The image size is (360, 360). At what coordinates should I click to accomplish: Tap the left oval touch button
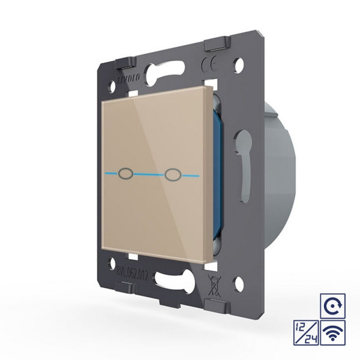pyautogui.click(x=128, y=174)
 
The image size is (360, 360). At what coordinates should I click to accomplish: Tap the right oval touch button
pyautogui.click(x=174, y=175)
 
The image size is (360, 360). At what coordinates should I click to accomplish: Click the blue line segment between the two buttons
pyautogui.click(x=151, y=175)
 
